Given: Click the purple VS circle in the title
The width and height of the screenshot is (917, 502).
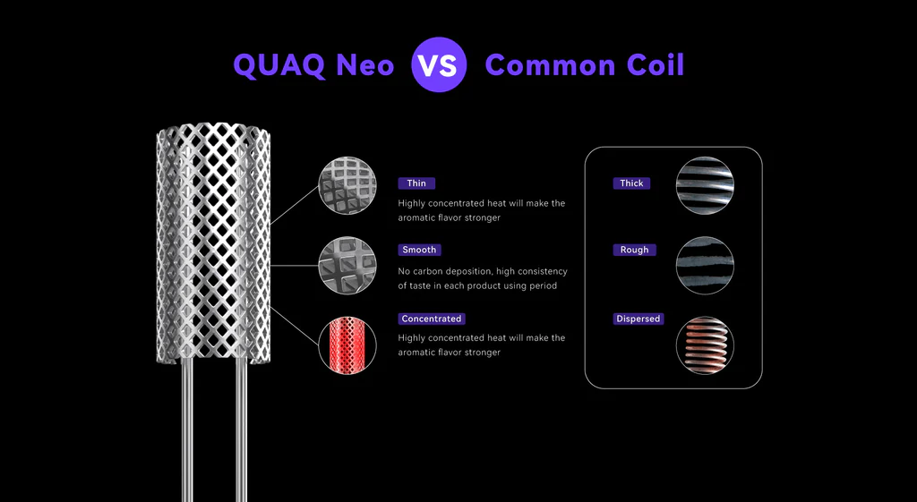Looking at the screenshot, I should coord(439,65).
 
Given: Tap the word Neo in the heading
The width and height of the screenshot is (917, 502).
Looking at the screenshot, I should coord(364,65).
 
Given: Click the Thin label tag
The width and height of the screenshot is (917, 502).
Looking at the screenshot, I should coord(416,183).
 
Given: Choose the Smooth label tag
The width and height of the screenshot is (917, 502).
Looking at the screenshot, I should coord(420,250).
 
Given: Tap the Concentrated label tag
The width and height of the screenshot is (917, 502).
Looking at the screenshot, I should coord(432,319).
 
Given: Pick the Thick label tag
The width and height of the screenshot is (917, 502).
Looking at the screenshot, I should coord(631,183).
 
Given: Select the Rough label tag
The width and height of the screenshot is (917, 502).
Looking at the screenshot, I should coord(634,250).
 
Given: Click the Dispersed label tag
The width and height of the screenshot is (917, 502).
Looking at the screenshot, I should coord(638,319).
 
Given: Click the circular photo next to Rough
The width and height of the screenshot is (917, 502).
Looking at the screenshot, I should coord(705,266).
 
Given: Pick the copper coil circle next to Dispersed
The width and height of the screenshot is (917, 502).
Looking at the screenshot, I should coord(705,345).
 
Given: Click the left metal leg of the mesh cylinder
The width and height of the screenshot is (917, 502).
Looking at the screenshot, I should coord(187,430).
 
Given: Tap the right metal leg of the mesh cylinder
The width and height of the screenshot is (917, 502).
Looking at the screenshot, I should coord(241,430).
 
